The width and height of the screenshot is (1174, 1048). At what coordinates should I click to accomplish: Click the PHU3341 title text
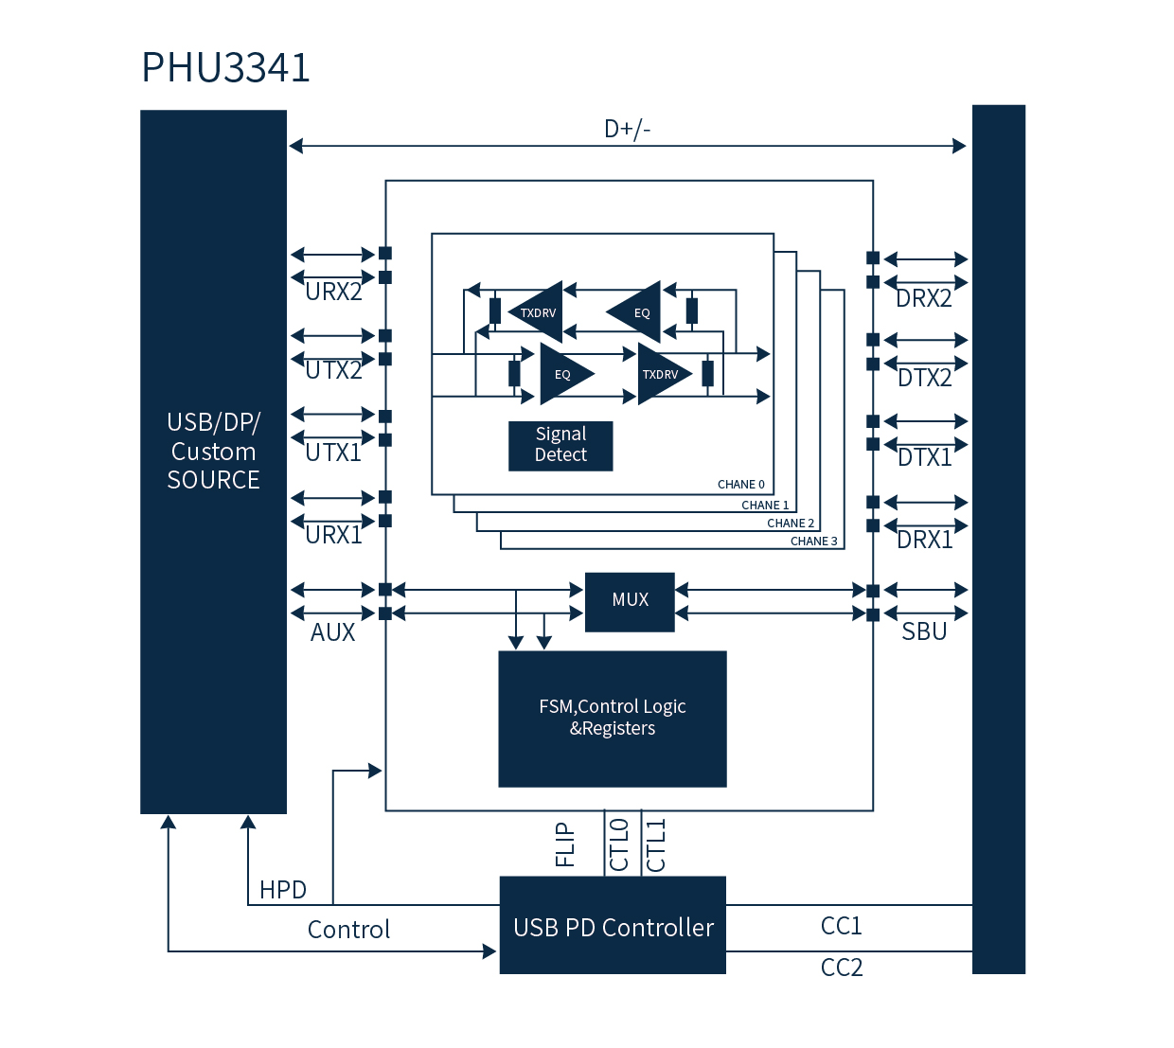[x=225, y=68]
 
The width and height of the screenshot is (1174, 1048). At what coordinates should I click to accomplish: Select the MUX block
[x=630, y=600]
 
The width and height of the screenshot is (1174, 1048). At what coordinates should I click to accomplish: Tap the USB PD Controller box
[x=613, y=927]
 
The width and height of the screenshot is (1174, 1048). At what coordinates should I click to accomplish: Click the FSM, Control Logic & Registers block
[x=613, y=718]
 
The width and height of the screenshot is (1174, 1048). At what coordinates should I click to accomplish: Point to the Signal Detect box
[x=560, y=445]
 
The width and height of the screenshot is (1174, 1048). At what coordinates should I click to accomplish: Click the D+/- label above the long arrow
[x=627, y=129]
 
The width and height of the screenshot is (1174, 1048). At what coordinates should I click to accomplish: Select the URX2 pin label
[x=333, y=293]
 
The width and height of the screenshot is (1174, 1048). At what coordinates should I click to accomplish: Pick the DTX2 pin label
[x=924, y=379]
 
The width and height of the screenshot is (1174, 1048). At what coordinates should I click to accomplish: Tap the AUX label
[x=332, y=632]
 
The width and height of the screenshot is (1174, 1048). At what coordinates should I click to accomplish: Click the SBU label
[x=924, y=631]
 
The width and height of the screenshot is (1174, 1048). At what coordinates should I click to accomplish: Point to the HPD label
[x=282, y=890]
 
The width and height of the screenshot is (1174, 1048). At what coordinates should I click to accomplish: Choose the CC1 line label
[x=841, y=926]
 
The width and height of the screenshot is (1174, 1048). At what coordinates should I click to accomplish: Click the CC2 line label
[x=841, y=968]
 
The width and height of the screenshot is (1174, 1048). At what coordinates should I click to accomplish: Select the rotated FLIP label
[x=565, y=844]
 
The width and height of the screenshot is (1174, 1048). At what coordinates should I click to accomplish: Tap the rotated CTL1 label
[x=656, y=844]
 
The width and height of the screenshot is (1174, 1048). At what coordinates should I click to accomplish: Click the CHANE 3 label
[x=813, y=542]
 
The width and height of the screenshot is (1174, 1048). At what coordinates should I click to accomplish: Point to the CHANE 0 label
[x=740, y=485]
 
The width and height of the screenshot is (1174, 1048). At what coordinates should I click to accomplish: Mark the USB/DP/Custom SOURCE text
[x=213, y=452]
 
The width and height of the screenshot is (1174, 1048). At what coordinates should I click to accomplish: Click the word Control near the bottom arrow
[x=348, y=930]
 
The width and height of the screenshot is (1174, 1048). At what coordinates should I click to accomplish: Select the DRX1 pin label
[x=924, y=540]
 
